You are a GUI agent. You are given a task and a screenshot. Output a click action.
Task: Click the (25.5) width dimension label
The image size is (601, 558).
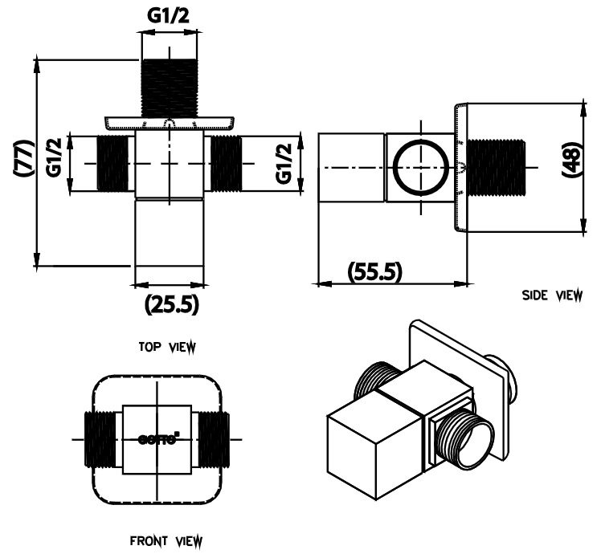[x=171, y=305]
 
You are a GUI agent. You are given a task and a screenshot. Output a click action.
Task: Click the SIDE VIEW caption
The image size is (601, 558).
[x=552, y=295]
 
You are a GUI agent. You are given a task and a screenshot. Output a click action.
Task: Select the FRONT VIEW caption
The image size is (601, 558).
[x=166, y=540]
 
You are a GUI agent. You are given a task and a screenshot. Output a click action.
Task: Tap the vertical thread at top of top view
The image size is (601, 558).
[x=170, y=84]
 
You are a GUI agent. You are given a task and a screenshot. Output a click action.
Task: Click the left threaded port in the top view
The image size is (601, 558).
[x=114, y=163]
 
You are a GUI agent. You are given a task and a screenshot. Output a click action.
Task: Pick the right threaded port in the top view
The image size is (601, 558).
[x=224, y=163]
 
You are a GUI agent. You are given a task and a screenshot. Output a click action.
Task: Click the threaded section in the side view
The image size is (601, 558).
[x=495, y=168]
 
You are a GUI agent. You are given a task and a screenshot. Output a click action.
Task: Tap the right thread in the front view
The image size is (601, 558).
[x=212, y=439]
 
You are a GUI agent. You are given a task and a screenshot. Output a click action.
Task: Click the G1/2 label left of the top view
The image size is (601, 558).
[x=55, y=158]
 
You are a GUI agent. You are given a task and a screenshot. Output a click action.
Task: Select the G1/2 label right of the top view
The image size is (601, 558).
[x=283, y=163]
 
